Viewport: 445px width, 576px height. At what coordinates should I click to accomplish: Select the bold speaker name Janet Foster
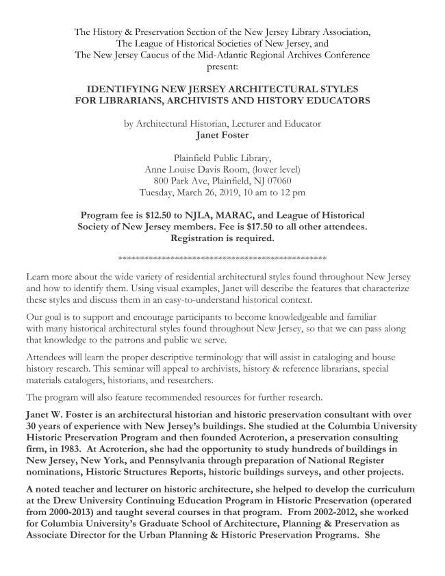coord(222,134)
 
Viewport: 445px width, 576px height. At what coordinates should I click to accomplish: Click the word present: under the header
coord(222,67)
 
